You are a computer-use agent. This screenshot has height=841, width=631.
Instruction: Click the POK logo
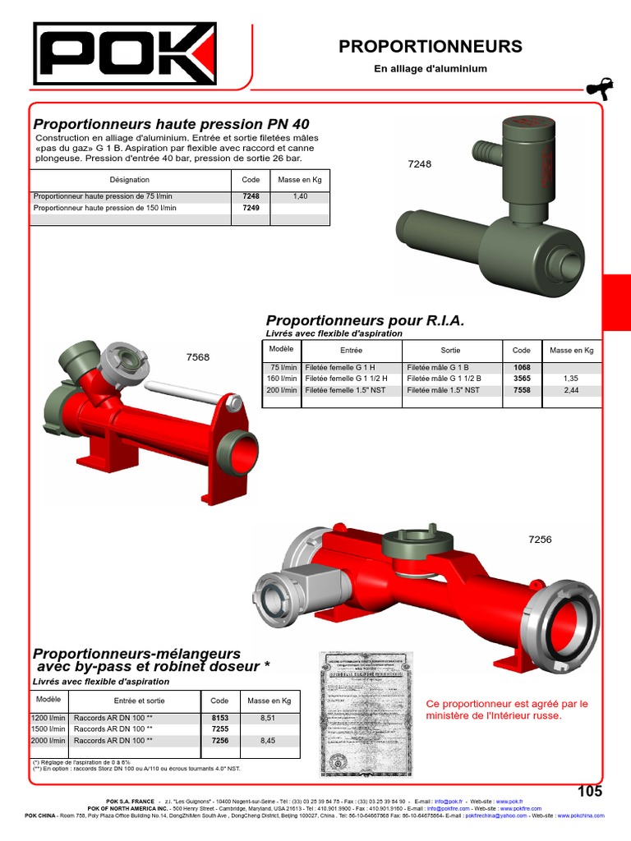tap(124, 53)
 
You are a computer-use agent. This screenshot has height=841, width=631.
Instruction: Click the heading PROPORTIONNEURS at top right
tap(430, 47)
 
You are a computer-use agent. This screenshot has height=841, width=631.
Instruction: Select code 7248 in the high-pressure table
tap(251, 197)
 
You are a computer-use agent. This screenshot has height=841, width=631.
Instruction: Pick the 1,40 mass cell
tap(300, 197)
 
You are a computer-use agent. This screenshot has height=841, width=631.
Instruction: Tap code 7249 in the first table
tap(251, 209)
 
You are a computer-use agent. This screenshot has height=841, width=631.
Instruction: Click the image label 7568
tap(198, 357)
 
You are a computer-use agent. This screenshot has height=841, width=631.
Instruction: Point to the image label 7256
tap(540, 540)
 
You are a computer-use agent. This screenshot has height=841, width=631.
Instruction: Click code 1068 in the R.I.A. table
tap(522, 367)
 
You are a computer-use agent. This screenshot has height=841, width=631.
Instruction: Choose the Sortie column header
tap(450, 350)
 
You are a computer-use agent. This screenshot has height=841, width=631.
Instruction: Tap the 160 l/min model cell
tap(282, 379)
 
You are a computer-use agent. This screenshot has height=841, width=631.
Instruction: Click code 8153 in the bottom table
tap(219, 718)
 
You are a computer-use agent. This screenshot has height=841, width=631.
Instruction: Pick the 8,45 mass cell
tap(269, 741)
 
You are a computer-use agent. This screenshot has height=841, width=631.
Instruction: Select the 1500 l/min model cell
tap(48, 729)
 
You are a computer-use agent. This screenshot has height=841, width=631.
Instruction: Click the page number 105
tap(589, 792)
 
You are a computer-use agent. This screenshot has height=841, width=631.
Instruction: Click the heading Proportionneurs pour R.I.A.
tap(365, 320)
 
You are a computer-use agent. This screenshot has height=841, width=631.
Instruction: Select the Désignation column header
tap(129, 179)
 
